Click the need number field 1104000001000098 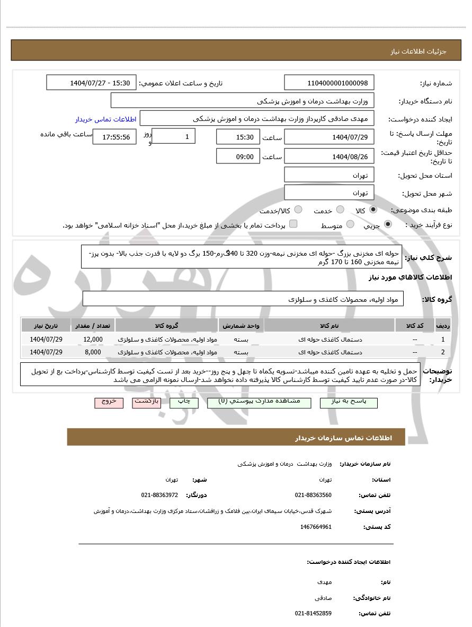click(x=329, y=83)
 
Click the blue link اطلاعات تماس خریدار click(x=105, y=119)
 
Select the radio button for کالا click(x=373, y=210)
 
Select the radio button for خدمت click(x=340, y=210)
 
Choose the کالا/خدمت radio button click(x=298, y=210)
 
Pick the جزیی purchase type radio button click(x=388, y=224)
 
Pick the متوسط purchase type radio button click(x=350, y=224)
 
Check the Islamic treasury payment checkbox click(x=293, y=224)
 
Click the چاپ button click(x=184, y=402)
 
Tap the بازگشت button click(x=146, y=402)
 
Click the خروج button click(x=109, y=402)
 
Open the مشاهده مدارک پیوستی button click(x=260, y=402)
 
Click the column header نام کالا click(x=329, y=325)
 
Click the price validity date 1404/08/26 click(x=329, y=156)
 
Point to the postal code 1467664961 click(x=316, y=527)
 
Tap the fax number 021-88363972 click(x=159, y=495)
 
